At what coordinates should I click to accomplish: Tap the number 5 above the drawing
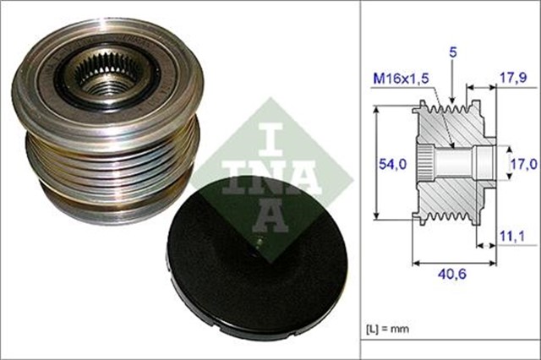click(453, 52)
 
